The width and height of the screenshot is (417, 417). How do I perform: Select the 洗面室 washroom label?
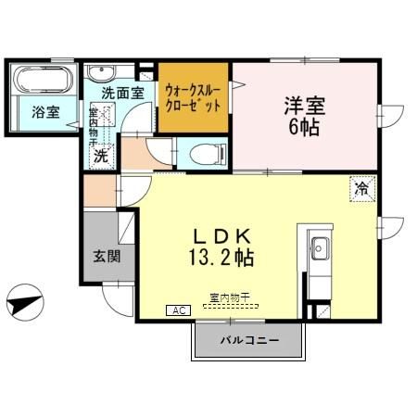(121, 94)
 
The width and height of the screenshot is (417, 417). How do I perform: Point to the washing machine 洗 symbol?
(99, 156)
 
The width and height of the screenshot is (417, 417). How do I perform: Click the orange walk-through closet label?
(193, 97)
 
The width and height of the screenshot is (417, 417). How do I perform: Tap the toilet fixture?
(202, 154)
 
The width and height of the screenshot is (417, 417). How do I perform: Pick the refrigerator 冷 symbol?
(360, 188)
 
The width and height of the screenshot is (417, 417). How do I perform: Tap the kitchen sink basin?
(320, 247)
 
